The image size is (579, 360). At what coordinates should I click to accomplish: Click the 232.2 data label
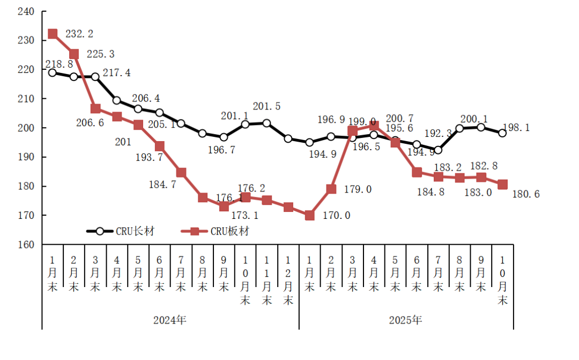[79, 34]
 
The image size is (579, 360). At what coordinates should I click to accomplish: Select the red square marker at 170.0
[309, 215]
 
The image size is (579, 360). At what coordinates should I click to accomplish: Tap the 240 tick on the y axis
[26, 11]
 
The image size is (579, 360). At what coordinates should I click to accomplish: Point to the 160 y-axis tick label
[26, 245]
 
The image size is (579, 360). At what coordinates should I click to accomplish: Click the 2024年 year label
[170, 320]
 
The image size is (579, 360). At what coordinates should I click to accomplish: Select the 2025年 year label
[406, 320]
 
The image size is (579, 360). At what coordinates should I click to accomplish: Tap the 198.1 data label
[530, 128]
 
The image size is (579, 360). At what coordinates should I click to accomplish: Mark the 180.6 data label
[526, 194]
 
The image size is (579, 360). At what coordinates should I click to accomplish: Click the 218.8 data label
[59, 63]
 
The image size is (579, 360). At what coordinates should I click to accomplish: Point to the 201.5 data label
[266, 107]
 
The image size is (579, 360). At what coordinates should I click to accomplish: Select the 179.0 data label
[358, 189]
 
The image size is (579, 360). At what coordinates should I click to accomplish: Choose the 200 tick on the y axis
[26, 128]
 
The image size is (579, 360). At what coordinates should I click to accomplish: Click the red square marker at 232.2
[53, 34]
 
